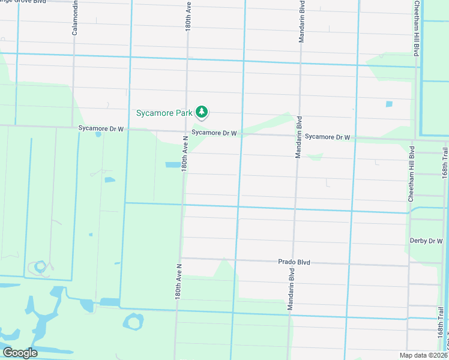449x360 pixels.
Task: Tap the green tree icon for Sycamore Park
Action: pyautogui.click(x=202, y=112)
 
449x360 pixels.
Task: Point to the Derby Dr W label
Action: pyautogui.click(x=426, y=241)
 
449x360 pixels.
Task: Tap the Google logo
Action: pyautogui.click(x=19, y=353)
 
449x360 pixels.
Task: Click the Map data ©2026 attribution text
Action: pyautogui.click(x=423, y=355)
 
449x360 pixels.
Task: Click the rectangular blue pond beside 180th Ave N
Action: pyautogui.click(x=173, y=164)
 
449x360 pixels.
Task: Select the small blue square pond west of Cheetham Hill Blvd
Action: pyautogui.click(x=389, y=104)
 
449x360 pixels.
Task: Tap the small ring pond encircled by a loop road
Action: pyautogui.click(x=40, y=265)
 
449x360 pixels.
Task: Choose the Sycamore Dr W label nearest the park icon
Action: pyautogui.click(x=214, y=133)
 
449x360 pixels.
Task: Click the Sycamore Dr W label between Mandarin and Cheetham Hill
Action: pyautogui.click(x=327, y=137)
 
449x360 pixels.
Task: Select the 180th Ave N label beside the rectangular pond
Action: pyautogui.click(x=185, y=154)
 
